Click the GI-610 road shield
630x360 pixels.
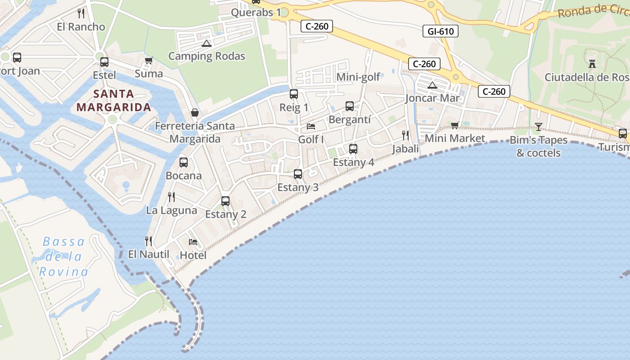[441, 31]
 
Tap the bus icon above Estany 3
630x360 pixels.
[297, 174]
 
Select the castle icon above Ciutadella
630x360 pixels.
[592, 64]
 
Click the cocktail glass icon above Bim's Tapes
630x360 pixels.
[538, 126]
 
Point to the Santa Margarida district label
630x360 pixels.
[114, 100]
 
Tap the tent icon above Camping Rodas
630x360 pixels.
[207, 44]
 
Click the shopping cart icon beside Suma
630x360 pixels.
[148, 60]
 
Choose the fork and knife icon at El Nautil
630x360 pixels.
[148, 241]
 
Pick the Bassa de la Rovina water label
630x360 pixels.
[63, 256]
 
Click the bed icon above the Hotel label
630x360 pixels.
[193, 242]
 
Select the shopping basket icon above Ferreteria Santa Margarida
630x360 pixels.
[195, 112]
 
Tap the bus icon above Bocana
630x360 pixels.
[183, 162]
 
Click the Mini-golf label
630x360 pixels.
[358, 77]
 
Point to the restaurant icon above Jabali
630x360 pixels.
[405, 135]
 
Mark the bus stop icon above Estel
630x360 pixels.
[104, 62]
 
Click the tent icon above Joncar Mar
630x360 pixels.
[432, 85]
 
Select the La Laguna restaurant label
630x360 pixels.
[171, 210]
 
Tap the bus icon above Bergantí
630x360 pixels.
[349, 106]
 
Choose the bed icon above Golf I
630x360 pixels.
[311, 126]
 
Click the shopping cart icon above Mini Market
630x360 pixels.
[454, 125]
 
